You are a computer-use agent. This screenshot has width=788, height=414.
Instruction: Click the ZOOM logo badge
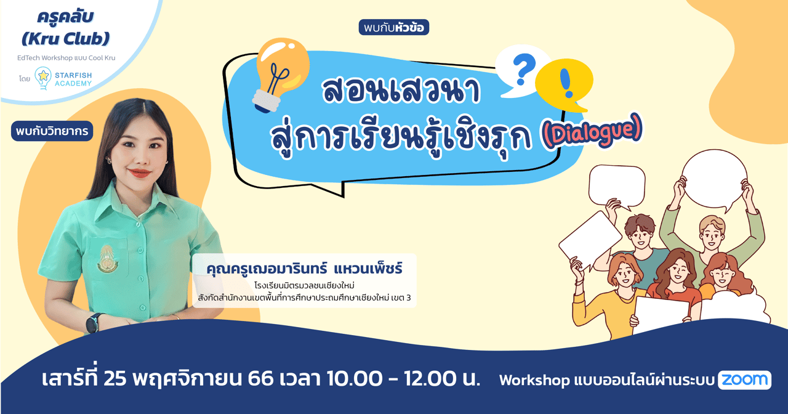[744, 380]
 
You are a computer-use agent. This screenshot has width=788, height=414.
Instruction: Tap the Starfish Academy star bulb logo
[43, 78]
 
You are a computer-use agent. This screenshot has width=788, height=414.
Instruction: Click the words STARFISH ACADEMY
[73, 79]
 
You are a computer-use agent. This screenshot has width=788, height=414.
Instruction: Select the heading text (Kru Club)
[65, 39]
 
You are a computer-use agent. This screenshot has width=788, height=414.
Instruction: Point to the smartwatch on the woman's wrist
[95, 322]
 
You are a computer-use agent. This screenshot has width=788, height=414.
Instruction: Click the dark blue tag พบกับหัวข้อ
[393, 27]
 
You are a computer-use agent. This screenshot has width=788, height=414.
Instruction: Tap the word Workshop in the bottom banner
[534, 380]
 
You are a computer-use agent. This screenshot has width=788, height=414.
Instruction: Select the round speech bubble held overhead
[716, 179]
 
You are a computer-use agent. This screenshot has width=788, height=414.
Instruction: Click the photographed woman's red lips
[139, 174]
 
